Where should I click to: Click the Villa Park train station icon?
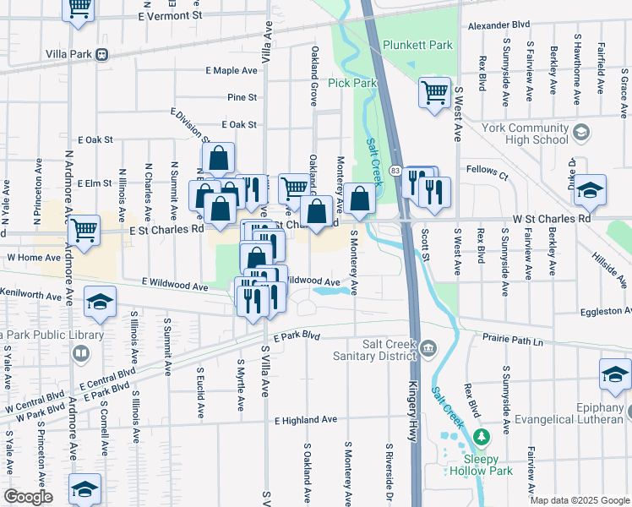101,55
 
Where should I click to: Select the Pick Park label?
351,83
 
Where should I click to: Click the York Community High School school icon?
580,131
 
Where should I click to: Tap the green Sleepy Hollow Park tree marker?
481,437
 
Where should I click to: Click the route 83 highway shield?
395,172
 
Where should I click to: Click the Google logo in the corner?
27,497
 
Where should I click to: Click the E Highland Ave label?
305,419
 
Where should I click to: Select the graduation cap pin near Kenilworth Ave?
100,303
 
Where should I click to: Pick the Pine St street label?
242,98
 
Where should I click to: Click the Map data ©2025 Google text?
580,500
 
